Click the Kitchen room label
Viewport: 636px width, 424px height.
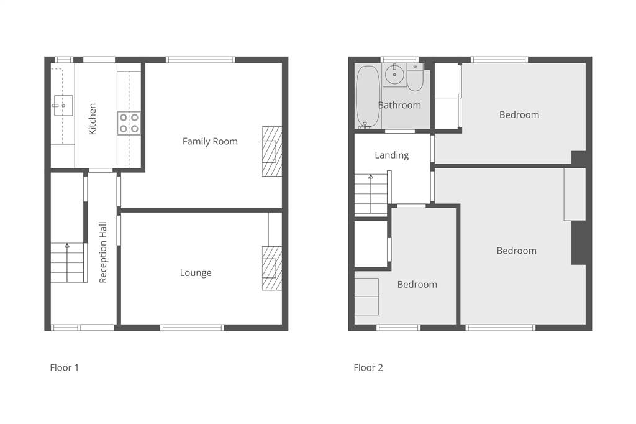pyautogui.click(x=93, y=119)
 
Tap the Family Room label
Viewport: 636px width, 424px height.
pyautogui.click(x=210, y=141)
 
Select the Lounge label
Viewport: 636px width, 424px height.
pyautogui.click(x=196, y=273)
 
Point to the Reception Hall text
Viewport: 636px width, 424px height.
pyautogui.click(x=102, y=252)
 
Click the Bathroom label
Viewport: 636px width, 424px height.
pyautogui.click(x=399, y=105)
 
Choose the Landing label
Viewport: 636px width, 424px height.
pyautogui.click(x=391, y=155)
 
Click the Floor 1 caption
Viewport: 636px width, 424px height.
pyautogui.click(x=64, y=367)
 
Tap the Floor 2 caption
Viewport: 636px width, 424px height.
pyautogui.click(x=368, y=367)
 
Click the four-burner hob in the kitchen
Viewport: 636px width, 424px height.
pyautogui.click(x=129, y=123)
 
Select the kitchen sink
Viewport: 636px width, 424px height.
pyautogui.click(x=63, y=106)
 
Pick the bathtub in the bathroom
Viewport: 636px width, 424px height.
pyautogui.click(x=368, y=98)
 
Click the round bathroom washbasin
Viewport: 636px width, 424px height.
pyautogui.click(x=394, y=75)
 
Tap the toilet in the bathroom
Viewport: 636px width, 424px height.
pyautogui.click(x=415, y=77)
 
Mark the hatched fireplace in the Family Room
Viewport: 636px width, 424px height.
pyautogui.click(x=272, y=152)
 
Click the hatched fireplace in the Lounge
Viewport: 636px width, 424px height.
pyautogui.click(x=272, y=269)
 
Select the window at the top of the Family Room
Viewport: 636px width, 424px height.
pyautogui.click(x=201, y=60)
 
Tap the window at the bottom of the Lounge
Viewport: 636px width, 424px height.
pyautogui.click(x=193, y=328)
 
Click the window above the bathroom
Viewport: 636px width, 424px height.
pyautogui.click(x=399, y=60)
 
